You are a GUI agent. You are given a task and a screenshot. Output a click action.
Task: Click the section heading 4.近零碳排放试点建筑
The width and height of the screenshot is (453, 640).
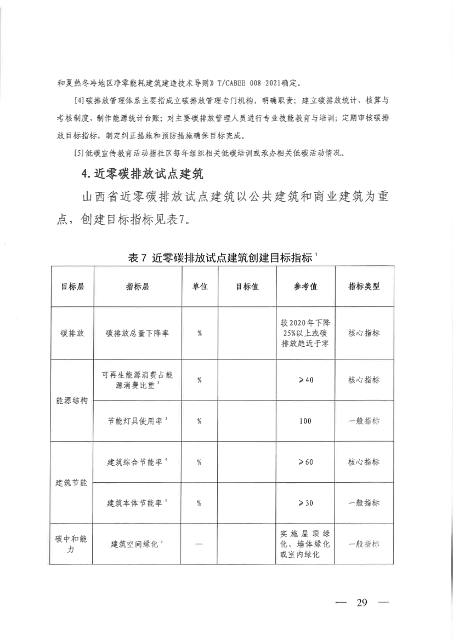tap(141, 175)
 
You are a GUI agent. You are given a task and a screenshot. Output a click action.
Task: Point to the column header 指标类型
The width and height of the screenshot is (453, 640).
tap(364, 287)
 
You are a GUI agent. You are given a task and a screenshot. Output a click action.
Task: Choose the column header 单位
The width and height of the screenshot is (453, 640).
tap(200, 287)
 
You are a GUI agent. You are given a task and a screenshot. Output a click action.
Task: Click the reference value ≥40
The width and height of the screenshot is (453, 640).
tap(305, 380)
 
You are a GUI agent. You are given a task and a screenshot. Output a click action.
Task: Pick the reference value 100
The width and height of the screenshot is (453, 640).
tap(305, 421)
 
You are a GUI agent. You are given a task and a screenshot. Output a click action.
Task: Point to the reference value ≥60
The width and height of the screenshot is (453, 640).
tap(305, 462)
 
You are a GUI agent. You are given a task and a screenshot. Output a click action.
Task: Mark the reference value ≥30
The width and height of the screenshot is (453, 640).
tap(305, 503)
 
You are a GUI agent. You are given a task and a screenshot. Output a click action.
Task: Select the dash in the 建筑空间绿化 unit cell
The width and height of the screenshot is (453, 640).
tap(200, 544)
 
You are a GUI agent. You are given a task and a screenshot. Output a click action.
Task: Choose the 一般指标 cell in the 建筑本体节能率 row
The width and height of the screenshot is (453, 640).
tap(364, 503)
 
